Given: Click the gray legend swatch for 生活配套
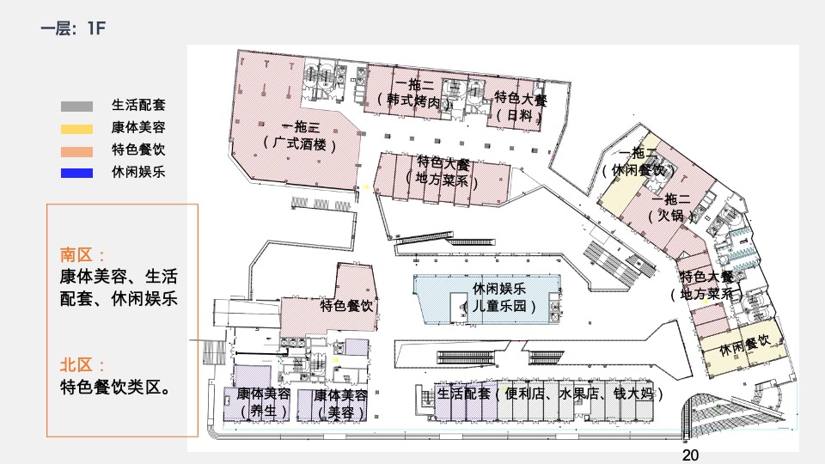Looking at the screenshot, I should (x=76, y=107).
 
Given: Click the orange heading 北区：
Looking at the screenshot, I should (x=83, y=365).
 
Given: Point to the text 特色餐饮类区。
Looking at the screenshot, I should (x=113, y=388).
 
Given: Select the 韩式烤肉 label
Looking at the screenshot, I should (x=415, y=101).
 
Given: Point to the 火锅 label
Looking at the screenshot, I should (x=672, y=217).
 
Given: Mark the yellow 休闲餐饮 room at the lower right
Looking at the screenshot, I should (x=744, y=347).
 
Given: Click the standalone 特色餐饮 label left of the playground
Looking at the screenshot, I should (x=347, y=306).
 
